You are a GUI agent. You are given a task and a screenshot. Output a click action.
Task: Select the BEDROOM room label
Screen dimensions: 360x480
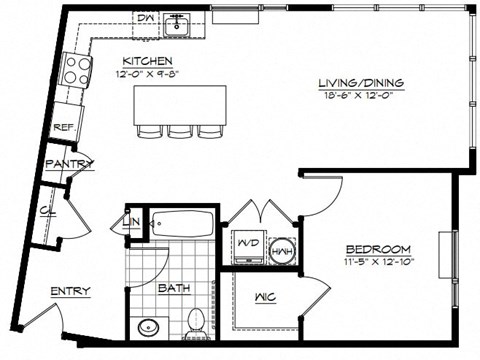pyautogui.click(x=378, y=248)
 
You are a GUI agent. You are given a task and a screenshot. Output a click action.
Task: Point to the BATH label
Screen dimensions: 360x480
pyautogui.click(x=174, y=289)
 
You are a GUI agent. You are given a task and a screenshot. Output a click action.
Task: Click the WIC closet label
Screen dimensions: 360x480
pyautogui.click(x=266, y=296)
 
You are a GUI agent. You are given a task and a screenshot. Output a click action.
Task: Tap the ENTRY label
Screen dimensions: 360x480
pyautogui.click(x=72, y=291)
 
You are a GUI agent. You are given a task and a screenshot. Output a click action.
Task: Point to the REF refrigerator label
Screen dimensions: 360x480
pyautogui.click(x=64, y=128)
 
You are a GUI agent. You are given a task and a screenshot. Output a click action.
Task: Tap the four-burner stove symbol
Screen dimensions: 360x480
pyautogui.click(x=77, y=69)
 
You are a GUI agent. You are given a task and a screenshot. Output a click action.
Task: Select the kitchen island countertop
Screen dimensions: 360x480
pyautogui.click(x=180, y=103)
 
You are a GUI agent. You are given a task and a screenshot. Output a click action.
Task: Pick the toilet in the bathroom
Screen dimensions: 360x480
pyautogui.click(x=196, y=321)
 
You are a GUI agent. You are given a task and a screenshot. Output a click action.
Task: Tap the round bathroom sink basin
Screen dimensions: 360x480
pyautogui.click(x=151, y=328)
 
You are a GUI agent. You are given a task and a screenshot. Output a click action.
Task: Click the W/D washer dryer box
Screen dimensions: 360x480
pyautogui.click(x=245, y=246)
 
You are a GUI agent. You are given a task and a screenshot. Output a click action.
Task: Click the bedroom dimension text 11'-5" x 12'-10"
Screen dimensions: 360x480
pyautogui.click(x=378, y=261)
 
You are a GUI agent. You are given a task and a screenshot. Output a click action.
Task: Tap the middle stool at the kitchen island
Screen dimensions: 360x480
pyautogui.click(x=180, y=131)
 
